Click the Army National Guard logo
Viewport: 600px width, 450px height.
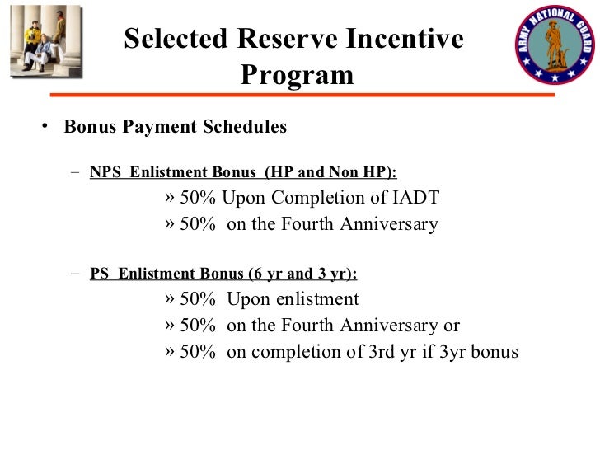(x=554, y=45)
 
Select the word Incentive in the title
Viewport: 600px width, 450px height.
(x=409, y=40)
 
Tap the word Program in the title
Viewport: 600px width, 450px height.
(x=297, y=75)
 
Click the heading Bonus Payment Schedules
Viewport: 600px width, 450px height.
(x=176, y=127)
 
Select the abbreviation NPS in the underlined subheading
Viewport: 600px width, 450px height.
(x=105, y=172)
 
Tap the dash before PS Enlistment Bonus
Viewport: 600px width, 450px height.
(x=75, y=274)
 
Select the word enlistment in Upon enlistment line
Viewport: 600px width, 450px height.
(x=319, y=299)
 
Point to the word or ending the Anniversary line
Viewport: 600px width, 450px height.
(x=451, y=326)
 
